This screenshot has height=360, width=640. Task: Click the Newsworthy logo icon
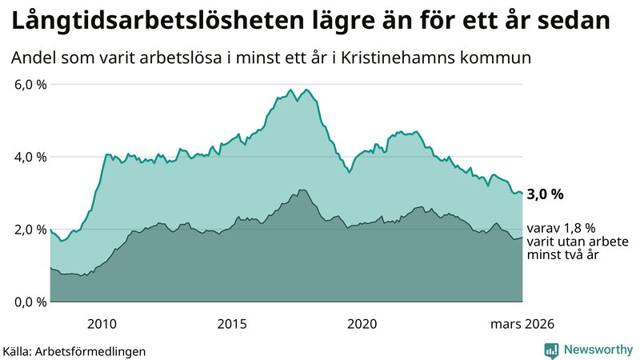pyautogui.click(x=551, y=350)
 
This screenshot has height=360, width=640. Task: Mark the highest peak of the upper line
pyautogui.click(x=307, y=89)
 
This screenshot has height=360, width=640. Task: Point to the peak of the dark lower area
pyautogui.click(x=302, y=190)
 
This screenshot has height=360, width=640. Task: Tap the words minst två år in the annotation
pyautogui.click(x=562, y=254)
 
